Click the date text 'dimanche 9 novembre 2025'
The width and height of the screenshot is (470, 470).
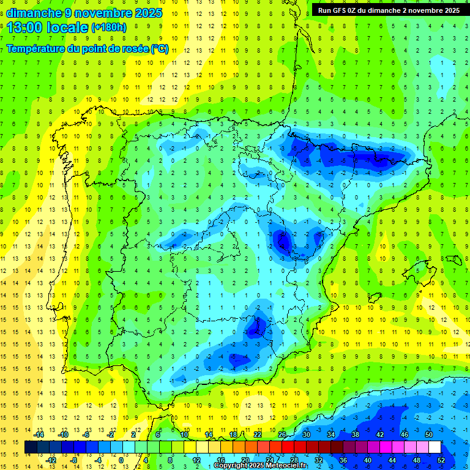(84, 12)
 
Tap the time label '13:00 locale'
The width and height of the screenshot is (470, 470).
(48, 28)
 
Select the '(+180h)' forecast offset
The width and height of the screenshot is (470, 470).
(109, 28)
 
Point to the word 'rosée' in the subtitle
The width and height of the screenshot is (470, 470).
(134, 49)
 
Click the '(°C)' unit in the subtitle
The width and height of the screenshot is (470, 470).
(160, 49)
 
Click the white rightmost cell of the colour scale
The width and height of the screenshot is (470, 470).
(435, 447)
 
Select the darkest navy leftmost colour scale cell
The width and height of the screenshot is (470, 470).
(31, 447)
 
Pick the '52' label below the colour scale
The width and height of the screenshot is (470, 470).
(441, 460)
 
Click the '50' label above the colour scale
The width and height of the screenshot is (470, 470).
(428, 435)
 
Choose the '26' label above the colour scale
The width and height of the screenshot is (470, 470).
(282, 435)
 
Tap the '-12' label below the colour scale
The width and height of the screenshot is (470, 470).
(51, 460)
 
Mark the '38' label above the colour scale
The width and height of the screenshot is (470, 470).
(356, 435)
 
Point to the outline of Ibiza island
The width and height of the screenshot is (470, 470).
(375, 297)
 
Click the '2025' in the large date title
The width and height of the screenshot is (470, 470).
(149, 12)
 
